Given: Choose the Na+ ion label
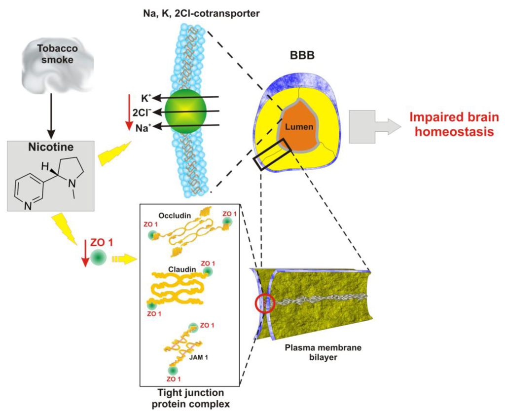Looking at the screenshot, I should tap(144, 127).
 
